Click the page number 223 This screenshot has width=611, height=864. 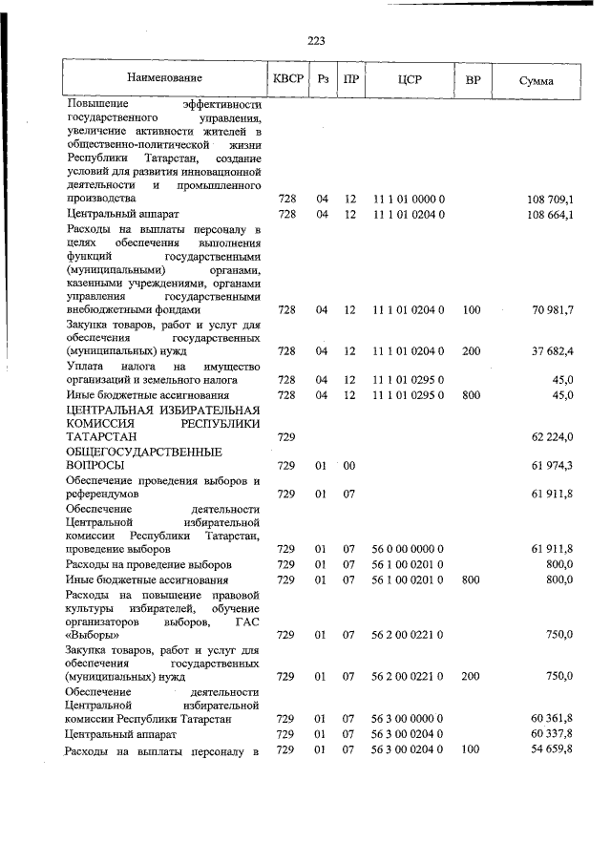pyautogui.click(x=317, y=40)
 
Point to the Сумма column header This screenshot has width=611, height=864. pyautogui.click(x=536, y=79)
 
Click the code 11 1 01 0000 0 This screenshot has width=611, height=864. pyautogui.click(x=409, y=199)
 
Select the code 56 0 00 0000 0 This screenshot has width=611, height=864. pyautogui.click(x=409, y=550)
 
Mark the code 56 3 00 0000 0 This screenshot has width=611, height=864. pyautogui.click(x=409, y=718)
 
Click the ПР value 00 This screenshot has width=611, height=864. pyautogui.click(x=349, y=465)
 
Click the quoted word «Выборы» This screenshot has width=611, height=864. pyautogui.click(x=93, y=635)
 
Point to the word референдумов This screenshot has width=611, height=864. pyautogui.click(x=105, y=495)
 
